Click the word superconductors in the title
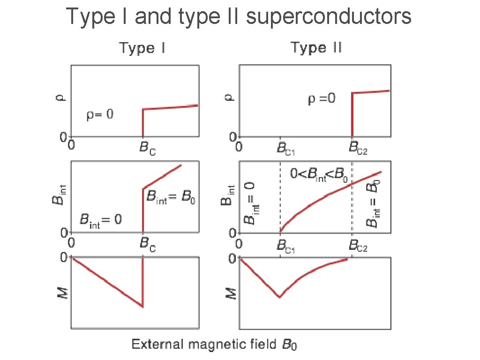click(328, 17)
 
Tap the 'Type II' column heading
click(316, 48)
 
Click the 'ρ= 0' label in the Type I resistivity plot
click(100, 115)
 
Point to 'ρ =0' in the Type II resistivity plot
click(321, 100)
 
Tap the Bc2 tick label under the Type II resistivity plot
click(358, 149)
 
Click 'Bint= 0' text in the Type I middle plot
click(101, 219)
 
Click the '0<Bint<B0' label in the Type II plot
click(319, 175)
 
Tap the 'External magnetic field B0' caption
click(214, 345)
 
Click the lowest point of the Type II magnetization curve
click(280, 297)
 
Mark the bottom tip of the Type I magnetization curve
click(142, 307)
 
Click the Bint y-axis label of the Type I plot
click(56, 197)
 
